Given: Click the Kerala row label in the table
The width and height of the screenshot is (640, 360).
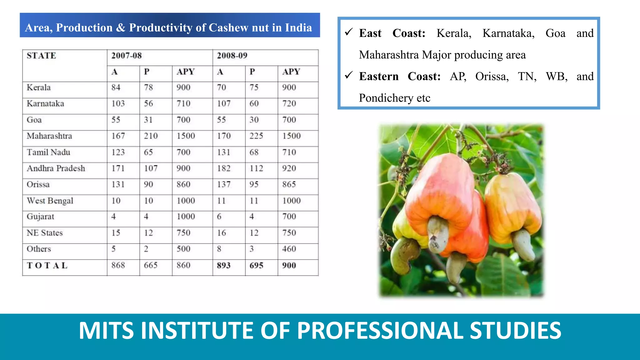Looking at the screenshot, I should click(39, 87).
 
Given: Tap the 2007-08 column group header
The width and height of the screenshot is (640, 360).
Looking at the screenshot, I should click(127, 56).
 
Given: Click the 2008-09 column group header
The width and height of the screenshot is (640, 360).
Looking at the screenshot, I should click(232, 56).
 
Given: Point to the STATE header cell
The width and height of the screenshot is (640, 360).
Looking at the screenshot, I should click(41, 56).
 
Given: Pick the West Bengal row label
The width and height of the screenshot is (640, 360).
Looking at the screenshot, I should click(50, 201).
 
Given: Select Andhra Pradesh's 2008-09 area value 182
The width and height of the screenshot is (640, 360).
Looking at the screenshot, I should click(224, 168).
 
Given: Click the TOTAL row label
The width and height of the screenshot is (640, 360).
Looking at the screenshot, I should click(47, 266).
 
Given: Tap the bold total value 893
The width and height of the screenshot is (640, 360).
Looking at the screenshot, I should click(224, 266).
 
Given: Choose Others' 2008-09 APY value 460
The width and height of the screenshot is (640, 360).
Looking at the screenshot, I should click(289, 249).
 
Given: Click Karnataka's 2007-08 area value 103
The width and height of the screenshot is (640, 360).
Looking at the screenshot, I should click(118, 104).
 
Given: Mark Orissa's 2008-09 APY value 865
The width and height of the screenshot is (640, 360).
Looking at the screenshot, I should click(289, 184).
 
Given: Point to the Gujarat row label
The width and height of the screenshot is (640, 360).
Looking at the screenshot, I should click(40, 217).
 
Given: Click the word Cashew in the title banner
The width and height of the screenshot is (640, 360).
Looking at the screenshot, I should click(228, 28).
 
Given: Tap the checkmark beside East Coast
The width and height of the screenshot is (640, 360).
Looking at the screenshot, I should click(349, 32).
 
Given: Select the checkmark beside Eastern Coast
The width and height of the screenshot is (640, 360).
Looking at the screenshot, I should click(349, 75).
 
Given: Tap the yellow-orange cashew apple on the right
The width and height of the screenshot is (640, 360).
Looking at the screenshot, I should click(512, 206).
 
